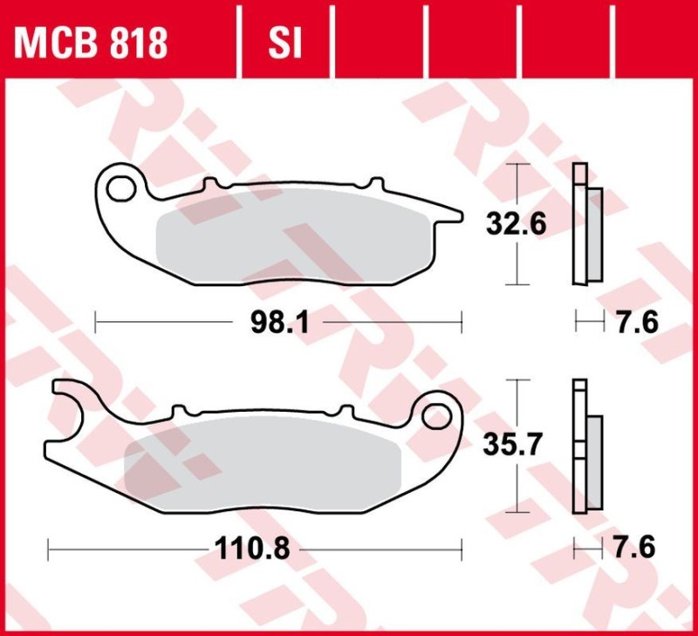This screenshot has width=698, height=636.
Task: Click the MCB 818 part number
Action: tap(90, 43)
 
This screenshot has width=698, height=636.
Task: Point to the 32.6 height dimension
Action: tap(517, 224)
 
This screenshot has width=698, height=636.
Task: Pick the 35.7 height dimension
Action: tap(517, 446)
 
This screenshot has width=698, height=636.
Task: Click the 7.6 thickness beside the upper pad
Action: tap(636, 323)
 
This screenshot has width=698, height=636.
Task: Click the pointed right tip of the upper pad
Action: tap(455, 212)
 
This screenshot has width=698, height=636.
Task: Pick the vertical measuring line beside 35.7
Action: tap(519, 489)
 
